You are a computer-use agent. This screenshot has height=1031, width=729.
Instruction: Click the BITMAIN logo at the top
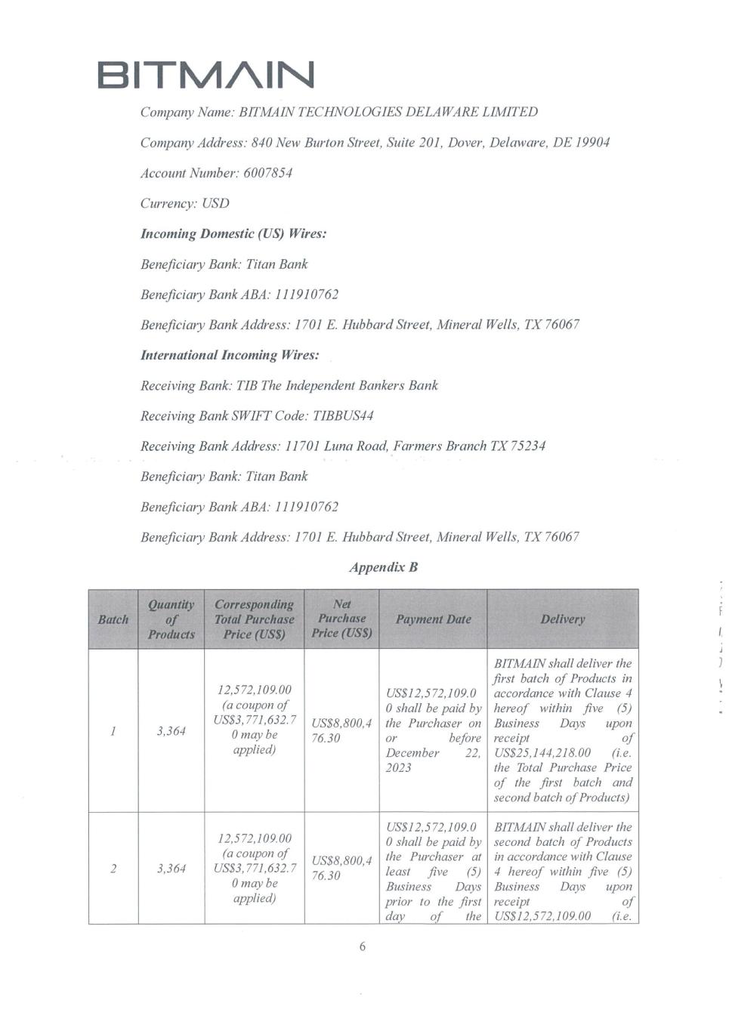[x=205, y=75]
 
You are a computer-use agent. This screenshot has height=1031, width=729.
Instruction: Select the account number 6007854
[x=267, y=173]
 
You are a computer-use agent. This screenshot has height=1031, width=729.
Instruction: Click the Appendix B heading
[x=383, y=567]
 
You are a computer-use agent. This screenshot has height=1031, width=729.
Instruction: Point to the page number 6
[x=363, y=946]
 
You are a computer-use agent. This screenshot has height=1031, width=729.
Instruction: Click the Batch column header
[x=113, y=619]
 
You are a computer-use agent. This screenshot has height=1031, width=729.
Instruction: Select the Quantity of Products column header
[x=171, y=619]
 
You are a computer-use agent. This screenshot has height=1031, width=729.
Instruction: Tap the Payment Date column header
[x=433, y=619]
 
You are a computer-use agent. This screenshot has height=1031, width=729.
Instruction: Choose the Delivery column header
[x=562, y=619]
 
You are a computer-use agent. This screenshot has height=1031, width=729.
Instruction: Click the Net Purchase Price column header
[x=341, y=619]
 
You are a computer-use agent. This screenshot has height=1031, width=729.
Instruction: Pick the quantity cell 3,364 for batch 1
[x=171, y=731]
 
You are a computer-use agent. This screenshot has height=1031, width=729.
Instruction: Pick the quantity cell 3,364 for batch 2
[x=171, y=869]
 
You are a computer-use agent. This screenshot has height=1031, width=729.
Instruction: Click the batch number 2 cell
[x=113, y=869]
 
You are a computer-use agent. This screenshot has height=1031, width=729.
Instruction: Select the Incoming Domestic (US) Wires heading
[x=233, y=233]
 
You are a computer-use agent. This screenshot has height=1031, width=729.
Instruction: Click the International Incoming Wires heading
[x=230, y=355]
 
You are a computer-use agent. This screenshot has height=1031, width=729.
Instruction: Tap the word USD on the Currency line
[x=215, y=203]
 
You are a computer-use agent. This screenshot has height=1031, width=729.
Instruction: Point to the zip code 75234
[x=528, y=446]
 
